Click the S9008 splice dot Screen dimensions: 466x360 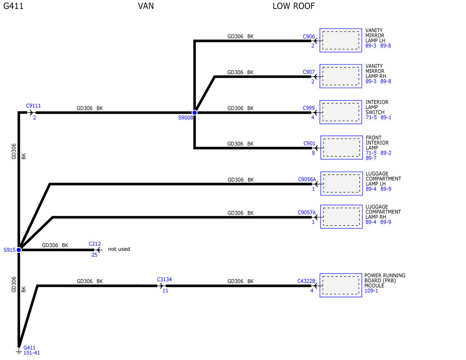coord(195,113)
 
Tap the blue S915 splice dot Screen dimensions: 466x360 coord(19,250)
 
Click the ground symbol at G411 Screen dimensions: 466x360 coord(19,352)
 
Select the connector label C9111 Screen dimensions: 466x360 coord(33,106)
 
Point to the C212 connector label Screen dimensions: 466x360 coord(95,244)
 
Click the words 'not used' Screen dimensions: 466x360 coord(119,249)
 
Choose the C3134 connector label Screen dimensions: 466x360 coord(164,279)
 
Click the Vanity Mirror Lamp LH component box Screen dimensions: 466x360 coord(341,40)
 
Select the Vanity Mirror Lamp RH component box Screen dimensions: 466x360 coord(341,76)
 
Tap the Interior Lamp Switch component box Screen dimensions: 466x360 coord(341,112)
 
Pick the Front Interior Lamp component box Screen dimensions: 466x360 coord(341,148)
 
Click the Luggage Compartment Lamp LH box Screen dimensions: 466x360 coord(341,184)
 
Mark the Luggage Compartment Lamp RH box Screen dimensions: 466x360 coord(341,217)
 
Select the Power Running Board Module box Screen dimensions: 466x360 coord(341,285)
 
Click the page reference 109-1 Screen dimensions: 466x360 coord(371,291)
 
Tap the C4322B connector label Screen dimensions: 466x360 coord(306,281)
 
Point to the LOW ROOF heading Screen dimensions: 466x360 coord(294,6)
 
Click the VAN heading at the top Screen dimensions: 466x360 coord(146,6)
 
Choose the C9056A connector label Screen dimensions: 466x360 coord(307,179)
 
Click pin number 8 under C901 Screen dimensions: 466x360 coord(313,153)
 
